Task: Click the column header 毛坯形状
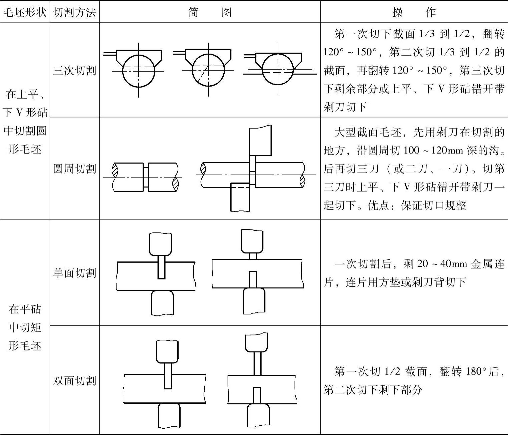(x=25, y=12)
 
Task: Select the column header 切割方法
(x=75, y=12)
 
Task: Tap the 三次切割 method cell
(x=75, y=70)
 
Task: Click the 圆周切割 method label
(x=75, y=169)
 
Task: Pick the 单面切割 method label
(x=75, y=273)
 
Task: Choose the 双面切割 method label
(x=75, y=380)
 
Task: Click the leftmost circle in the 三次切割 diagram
(x=139, y=71)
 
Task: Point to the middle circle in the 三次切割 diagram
(x=208, y=71)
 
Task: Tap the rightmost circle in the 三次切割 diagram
(x=278, y=70)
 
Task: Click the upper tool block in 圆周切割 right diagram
(x=260, y=141)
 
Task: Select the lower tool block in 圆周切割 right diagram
(x=240, y=197)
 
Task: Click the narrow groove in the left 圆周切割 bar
(x=146, y=177)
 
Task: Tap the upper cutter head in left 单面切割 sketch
(x=160, y=243)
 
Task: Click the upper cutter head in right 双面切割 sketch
(x=256, y=342)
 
